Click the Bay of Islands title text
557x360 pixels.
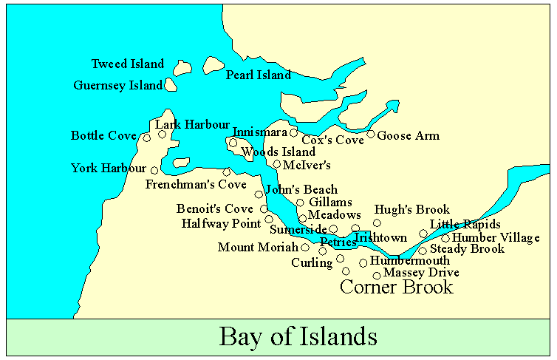tap(298, 336)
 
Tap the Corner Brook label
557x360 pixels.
tap(396, 287)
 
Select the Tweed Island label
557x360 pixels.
tap(128, 64)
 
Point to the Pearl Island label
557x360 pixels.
tap(259, 75)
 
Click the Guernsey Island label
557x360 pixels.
tap(117, 86)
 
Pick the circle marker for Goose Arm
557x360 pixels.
tap(371, 134)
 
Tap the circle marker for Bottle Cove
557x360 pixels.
tap(147, 137)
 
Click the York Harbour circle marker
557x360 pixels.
tap(154, 171)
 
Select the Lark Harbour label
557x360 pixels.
tap(192, 125)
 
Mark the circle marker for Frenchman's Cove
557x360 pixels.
tap(227, 172)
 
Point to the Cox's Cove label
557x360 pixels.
tap(332, 140)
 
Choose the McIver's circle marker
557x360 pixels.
tap(277, 164)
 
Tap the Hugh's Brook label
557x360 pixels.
tap(411, 210)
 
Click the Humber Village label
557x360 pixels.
tap(496, 238)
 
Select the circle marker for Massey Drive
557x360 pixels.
tap(377, 276)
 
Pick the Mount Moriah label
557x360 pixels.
tap(258, 248)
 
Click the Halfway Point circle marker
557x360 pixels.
tap(269, 219)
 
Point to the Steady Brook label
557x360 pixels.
tap(467, 249)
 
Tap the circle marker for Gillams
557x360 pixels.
tap(300, 203)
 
